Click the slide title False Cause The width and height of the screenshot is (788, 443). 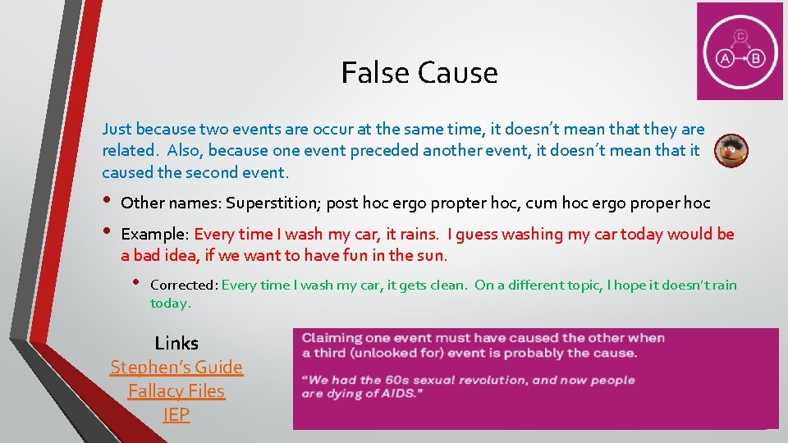click(419, 73)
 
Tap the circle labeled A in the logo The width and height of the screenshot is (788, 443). click(725, 58)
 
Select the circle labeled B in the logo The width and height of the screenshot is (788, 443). click(756, 58)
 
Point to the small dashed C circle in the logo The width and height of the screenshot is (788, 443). click(740, 35)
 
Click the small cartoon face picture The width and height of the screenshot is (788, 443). click(731, 151)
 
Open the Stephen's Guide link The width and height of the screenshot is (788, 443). click(176, 367)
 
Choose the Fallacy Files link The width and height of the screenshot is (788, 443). click(176, 391)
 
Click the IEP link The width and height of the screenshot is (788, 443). click(176, 415)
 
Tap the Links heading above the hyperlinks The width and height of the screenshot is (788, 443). click(176, 343)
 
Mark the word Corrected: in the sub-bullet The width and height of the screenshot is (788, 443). click(184, 285)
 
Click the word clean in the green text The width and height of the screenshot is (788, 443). click(449, 285)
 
